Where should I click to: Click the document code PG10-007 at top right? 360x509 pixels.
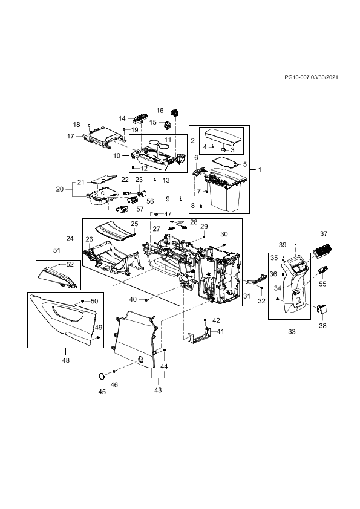pyautogui.click(x=297, y=77)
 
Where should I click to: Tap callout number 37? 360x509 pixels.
pyautogui.click(x=324, y=233)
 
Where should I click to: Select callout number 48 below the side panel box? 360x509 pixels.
pyautogui.click(x=65, y=360)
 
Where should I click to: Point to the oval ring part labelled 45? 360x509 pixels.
pyautogui.click(x=102, y=376)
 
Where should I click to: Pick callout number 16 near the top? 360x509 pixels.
pyautogui.click(x=160, y=111)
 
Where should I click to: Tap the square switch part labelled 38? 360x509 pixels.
pyautogui.click(x=322, y=308)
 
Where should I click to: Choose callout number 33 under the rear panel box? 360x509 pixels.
pyautogui.click(x=292, y=332)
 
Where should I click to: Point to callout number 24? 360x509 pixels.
pyautogui.click(x=70, y=239)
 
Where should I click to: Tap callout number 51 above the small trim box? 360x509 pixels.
pyautogui.click(x=57, y=250)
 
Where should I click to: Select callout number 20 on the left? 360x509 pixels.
pyautogui.click(x=60, y=189)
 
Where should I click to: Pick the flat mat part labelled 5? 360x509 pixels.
pyautogui.click(x=226, y=161)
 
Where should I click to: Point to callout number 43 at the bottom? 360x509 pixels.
pyautogui.click(x=158, y=390)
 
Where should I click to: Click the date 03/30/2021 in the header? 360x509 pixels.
pyautogui.click(x=324, y=77)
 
